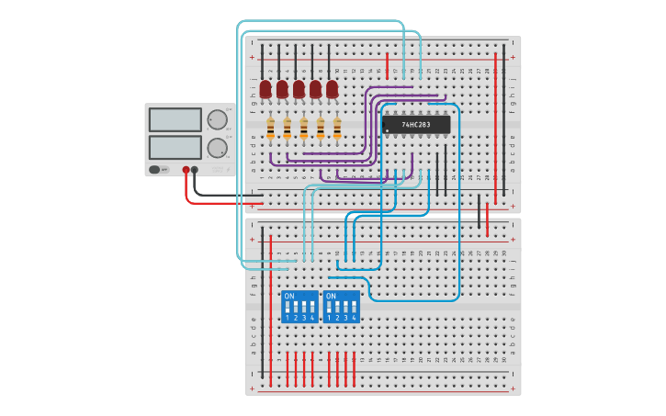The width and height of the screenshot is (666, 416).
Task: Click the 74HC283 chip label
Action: click(416, 124)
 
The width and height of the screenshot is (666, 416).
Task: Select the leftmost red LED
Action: click(265, 89)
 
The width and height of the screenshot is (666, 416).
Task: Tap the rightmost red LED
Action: click(332, 89)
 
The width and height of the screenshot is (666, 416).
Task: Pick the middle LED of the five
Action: click(299, 89)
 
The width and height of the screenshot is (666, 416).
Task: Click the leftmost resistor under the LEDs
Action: click(270, 128)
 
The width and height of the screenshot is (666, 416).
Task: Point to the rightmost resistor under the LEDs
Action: click(337, 128)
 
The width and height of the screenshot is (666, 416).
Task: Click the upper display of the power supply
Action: click(175, 119)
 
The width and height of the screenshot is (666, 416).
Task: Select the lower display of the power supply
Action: click(175, 147)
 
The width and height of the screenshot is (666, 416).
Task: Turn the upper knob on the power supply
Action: click(217, 119)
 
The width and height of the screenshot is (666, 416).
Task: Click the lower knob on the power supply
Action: click(217, 148)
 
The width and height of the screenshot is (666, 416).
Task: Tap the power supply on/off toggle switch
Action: click(155, 170)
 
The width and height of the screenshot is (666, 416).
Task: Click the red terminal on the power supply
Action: click(186, 170)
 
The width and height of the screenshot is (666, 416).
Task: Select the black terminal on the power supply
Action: click(195, 170)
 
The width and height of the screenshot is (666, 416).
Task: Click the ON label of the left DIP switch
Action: click(289, 297)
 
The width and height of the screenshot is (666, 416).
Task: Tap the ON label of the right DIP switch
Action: click(331, 297)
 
